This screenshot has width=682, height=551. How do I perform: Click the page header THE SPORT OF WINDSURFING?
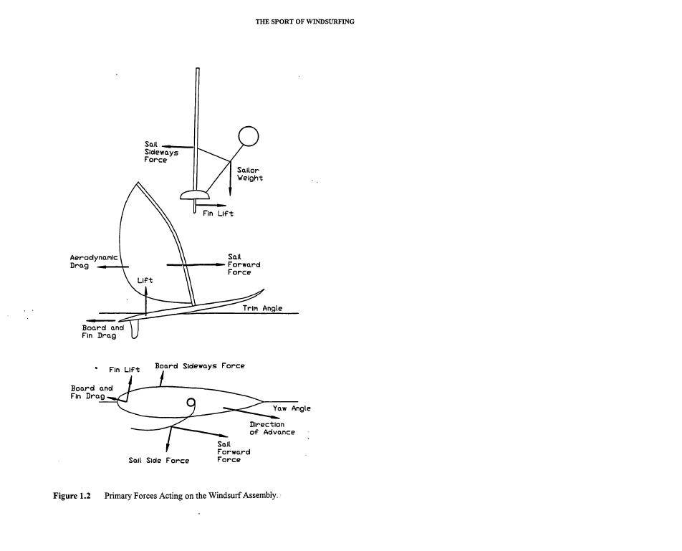pos(304,21)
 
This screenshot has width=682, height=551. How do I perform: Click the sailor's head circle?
pos(248,136)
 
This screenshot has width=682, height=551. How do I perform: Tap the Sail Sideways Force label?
pos(161,153)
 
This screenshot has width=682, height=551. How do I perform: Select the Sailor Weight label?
pos(250,174)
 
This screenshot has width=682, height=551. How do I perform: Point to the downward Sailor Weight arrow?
pos(231,179)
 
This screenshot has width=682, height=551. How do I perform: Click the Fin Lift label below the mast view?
pos(218,214)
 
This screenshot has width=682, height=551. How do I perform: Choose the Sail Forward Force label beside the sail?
pos(244,264)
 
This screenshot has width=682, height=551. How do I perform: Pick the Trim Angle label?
pos(257,308)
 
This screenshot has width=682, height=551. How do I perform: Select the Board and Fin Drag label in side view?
pos(102,332)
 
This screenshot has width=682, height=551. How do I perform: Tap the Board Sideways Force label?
pos(200,365)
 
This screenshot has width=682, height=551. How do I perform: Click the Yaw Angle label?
pos(292,408)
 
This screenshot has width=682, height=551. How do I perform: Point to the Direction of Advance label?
pos(272,428)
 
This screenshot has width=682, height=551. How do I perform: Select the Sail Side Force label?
pos(159,461)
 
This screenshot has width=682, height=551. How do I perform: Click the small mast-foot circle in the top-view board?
pos(191,403)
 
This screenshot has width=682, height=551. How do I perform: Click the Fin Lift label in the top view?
pos(124,370)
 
